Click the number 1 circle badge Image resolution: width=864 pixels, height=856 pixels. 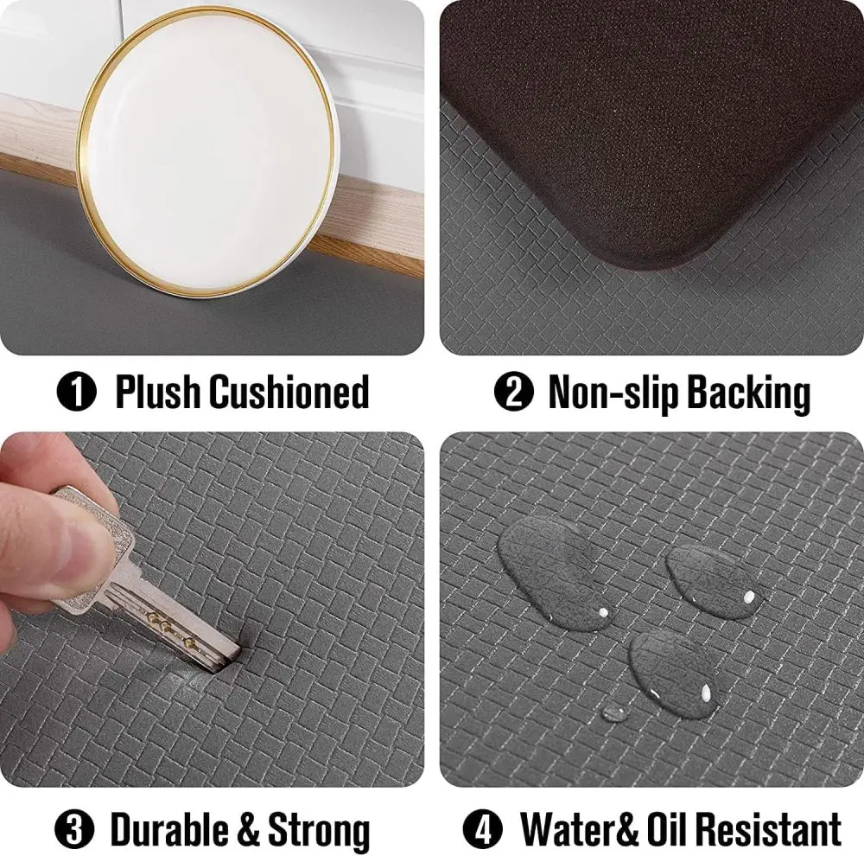76,393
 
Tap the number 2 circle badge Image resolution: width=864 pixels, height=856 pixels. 513,393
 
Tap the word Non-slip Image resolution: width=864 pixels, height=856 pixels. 612,393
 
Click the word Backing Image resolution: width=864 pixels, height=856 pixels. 748,393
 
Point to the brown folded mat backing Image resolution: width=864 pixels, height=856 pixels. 657,130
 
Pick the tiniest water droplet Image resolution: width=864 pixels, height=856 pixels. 614,712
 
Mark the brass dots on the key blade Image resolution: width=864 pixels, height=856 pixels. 169,623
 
